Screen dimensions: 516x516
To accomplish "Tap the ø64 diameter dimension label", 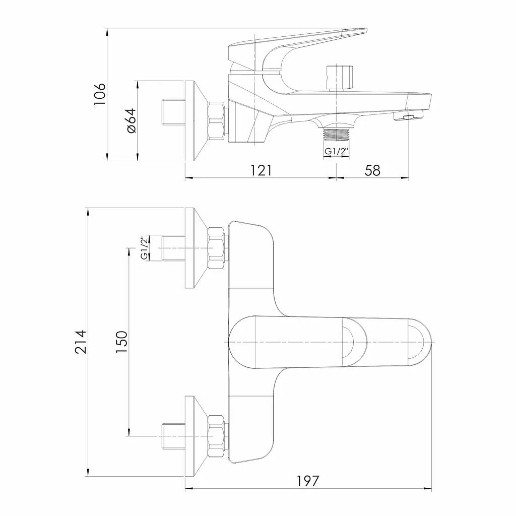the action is pyautogui.click(x=131, y=120).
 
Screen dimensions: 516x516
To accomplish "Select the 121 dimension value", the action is pyautogui.click(x=262, y=170).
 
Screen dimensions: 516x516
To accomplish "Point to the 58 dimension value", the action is pyautogui.click(x=372, y=170).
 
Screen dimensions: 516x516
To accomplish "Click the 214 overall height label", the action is pyautogui.click(x=81, y=342).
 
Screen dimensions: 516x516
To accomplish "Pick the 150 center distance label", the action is pyautogui.click(x=122, y=342).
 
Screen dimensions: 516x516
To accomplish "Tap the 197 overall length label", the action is pyautogui.click(x=308, y=481).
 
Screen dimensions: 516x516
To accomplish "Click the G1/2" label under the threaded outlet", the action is pyautogui.click(x=336, y=152).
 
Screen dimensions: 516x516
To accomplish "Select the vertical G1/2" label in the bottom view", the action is pyautogui.click(x=144, y=248).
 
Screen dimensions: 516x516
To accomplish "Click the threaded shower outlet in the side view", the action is pyautogui.click(x=336, y=136).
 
